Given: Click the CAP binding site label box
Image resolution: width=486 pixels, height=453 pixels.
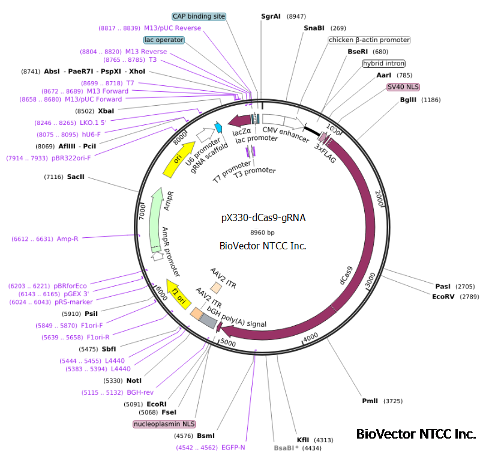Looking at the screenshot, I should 199,17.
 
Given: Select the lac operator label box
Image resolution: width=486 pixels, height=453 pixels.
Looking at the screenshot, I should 164,40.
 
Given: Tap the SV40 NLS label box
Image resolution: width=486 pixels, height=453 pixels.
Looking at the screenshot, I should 403,87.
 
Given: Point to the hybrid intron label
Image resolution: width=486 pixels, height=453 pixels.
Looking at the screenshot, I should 383,64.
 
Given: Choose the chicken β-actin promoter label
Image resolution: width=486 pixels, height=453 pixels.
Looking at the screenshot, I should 369,40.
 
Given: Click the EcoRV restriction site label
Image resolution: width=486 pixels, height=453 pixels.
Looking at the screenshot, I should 445,296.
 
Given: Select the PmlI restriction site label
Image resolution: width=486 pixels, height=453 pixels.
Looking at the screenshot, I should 370,401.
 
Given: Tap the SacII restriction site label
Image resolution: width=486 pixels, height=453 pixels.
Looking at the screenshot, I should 76,177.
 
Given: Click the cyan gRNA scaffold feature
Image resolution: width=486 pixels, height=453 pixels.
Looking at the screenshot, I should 218,127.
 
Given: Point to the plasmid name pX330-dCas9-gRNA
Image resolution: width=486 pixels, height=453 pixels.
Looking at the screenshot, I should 263,218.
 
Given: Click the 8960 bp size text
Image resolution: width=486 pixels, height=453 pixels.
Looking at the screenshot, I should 262,232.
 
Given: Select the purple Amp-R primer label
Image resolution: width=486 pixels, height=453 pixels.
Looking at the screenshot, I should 67,239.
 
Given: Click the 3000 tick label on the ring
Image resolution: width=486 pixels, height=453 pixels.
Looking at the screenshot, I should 371,279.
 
